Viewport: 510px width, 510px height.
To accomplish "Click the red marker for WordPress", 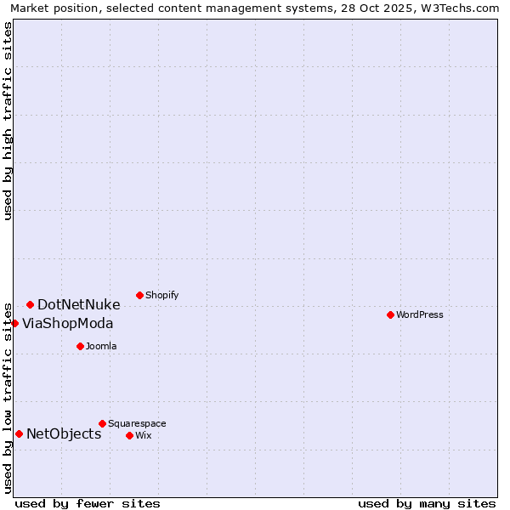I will coord(390,314).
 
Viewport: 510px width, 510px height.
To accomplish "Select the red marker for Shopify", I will coord(139,295).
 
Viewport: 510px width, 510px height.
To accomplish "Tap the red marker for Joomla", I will coord(80,346).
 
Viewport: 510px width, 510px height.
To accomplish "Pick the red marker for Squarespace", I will coord(102,423).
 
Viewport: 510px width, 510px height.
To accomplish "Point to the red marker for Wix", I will coord(129,435).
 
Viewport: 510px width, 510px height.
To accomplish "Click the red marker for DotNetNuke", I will coord(30,304).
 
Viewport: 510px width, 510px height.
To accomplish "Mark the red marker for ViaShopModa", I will coord(14,323).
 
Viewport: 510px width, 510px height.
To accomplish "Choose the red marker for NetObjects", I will coord(19,433).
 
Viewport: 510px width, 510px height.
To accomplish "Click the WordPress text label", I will coord(420,314).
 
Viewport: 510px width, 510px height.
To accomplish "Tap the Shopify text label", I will coord(161,295).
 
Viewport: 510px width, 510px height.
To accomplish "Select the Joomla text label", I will coord(101,346).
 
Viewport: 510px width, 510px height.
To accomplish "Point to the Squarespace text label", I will coord(137,423).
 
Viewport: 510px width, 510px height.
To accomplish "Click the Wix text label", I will coord(143,435).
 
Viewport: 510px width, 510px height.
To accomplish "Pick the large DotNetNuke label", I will coord(78,304).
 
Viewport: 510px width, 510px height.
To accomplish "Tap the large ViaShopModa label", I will coord(67,323).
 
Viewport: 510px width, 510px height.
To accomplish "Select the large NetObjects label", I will coord(64,433).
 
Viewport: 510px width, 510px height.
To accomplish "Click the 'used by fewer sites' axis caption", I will coord(88,503).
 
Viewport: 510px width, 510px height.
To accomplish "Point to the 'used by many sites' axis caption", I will coord(427,503).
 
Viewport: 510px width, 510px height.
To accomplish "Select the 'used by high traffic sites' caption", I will coord(8,121).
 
